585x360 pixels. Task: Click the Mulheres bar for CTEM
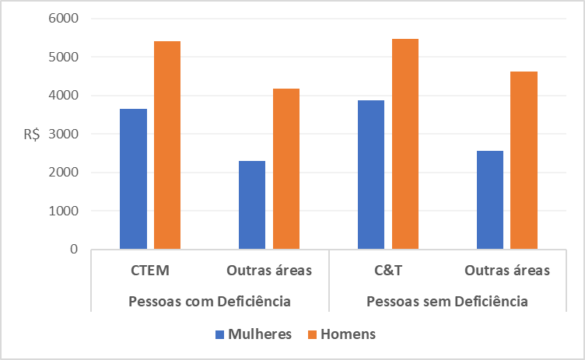(x=133, y=179)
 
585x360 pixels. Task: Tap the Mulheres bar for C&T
(x=371, y=175)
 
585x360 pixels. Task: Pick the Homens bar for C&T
(x=405, y=144)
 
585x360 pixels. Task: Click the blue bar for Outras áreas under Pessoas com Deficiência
(x=252, y=205)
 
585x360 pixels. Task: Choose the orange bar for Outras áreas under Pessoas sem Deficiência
(x=524, y=160)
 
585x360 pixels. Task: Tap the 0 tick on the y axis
(x=74, y=250)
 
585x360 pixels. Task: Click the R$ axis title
(x=32, y=134)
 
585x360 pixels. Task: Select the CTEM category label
(x=150, y=271)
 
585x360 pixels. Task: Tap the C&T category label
(x=388, y=271)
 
